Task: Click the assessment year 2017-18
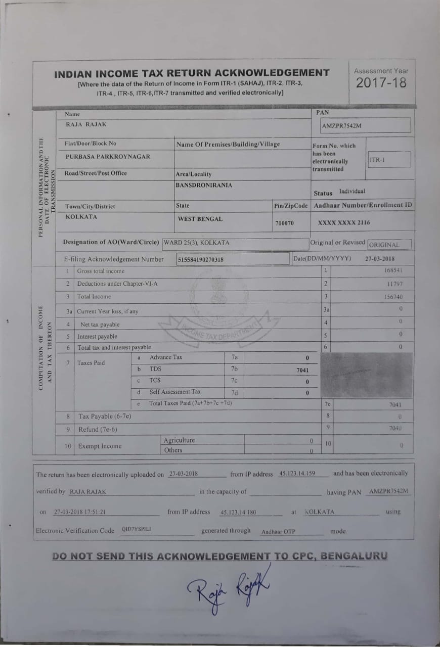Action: pos(381,83)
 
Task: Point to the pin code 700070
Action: pos(284,222)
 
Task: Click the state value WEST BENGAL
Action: pos(200,219)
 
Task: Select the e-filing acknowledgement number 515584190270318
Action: pos(201,260)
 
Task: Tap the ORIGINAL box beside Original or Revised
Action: pos(389,245)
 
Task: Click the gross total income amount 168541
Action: pos(392,271)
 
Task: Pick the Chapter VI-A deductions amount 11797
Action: pos(394,284)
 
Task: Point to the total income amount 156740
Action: pos(392,297)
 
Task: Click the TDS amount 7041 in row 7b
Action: pos(302,370)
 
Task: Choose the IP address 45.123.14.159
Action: pos(297,474)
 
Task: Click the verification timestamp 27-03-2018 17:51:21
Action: pos(80,512)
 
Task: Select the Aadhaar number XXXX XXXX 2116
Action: pos(344,222)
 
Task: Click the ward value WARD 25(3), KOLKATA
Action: pos(197,243)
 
